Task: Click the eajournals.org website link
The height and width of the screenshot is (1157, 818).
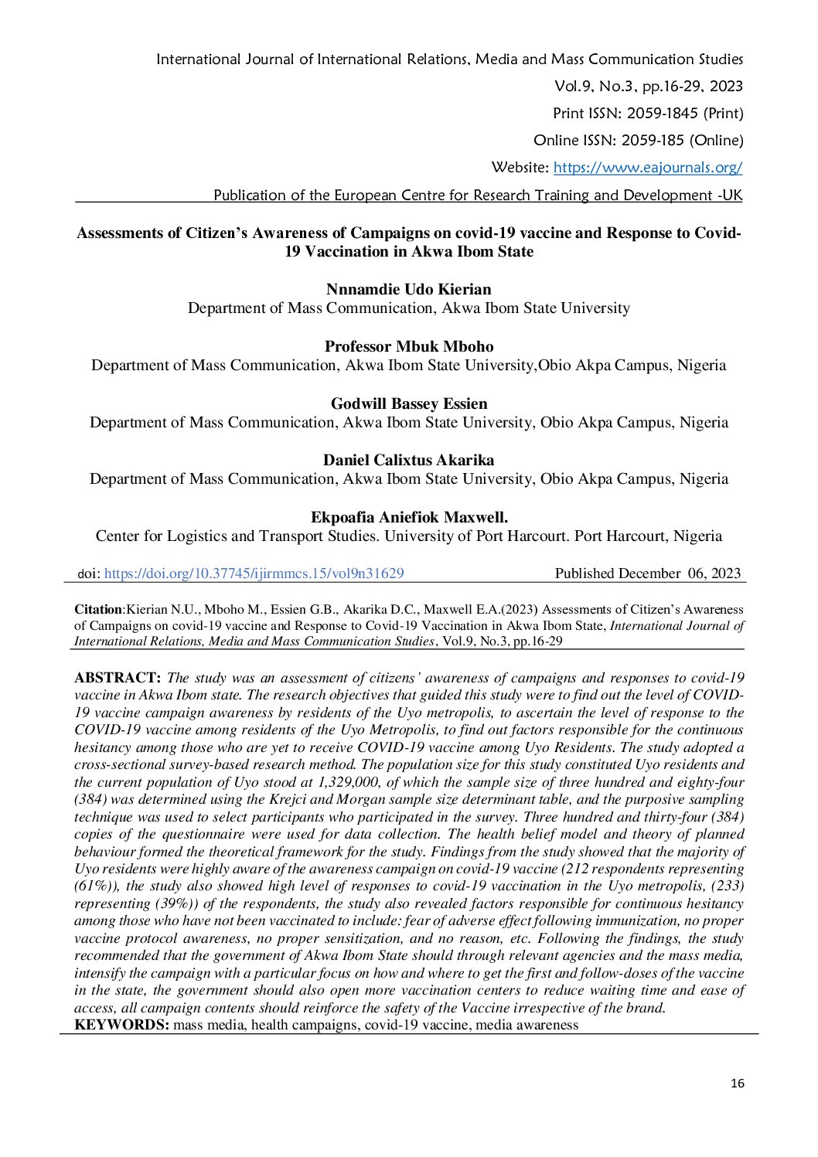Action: (x=648, y=168)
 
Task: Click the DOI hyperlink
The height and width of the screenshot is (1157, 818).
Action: (x=254, y=573)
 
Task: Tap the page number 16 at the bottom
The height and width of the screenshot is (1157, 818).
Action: (x=737, y=1084)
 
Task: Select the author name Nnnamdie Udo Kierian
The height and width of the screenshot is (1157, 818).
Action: (x=408, y=290)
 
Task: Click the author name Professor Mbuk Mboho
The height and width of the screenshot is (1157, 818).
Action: (x=408, y=347)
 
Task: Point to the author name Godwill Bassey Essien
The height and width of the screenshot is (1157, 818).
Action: (x=408, y=403)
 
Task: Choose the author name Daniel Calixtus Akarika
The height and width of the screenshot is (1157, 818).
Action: (x=408, y=461)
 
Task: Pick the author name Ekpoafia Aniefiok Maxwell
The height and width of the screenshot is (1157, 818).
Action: (x=408, y=518)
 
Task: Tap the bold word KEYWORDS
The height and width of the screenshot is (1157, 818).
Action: (x=121, y=1026)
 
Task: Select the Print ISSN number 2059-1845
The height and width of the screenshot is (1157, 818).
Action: (x=663, y=114)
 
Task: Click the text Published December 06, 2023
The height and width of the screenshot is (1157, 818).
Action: (x=647, y=573)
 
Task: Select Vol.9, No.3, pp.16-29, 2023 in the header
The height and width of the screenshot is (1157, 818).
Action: (x=649, y=87)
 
